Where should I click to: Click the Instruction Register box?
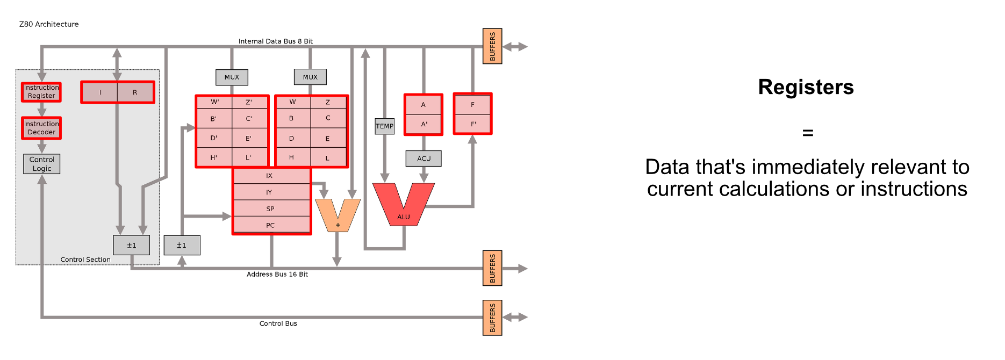coord(41,92)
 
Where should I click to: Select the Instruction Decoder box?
coord(41,128)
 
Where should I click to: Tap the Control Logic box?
coord(42,164)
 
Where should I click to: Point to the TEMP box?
coord(384,126)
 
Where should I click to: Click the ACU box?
coord(423,159)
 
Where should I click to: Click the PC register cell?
coord(270,225)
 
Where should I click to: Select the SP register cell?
coord(270,208)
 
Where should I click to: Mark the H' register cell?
coord(214,158)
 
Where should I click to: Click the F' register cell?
coord(473,124)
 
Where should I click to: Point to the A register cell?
coord(423,105)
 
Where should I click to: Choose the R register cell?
coord(135,92)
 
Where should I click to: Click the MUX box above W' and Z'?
coord(232,77)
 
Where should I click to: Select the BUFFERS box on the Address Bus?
coord(492,268)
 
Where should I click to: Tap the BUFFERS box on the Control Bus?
coord(492,318)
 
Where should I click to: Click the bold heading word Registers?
coord(806,87)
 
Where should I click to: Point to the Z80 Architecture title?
coord(49,24)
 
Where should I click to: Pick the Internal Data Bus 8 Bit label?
coord(275,41)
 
